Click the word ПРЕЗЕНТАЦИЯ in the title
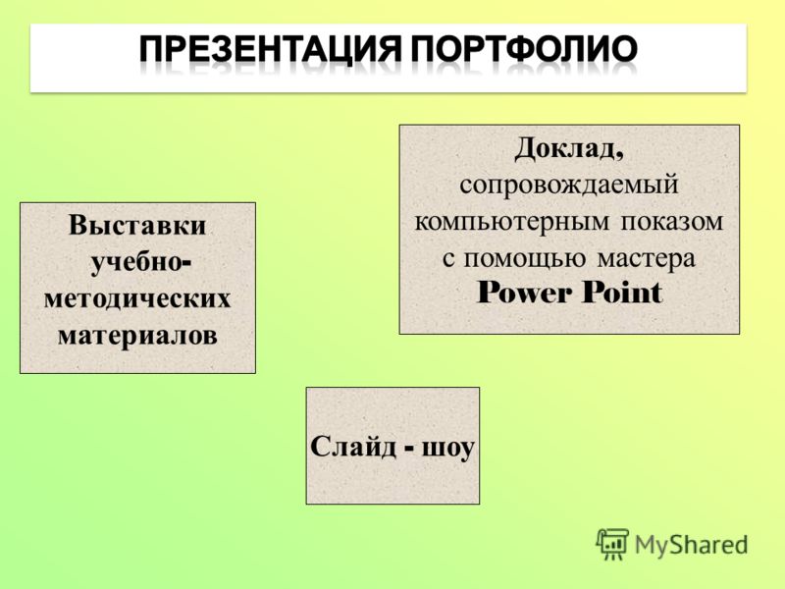pos(270,49)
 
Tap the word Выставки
pos(137,225)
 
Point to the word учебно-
pos(140,263)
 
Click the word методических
pos(137,299)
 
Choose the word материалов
pos(137,335)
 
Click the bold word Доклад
pos(566,149)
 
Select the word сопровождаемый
pos(569,185)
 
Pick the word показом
pos(672,222)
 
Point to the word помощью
pos(524,258)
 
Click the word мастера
pos(647,259)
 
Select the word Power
pos(524,292)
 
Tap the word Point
pos(622,292)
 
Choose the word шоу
pos(447,448)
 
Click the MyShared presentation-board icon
pos(611,544)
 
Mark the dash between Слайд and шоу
pos(409,448)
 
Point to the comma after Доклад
pos(620,157)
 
